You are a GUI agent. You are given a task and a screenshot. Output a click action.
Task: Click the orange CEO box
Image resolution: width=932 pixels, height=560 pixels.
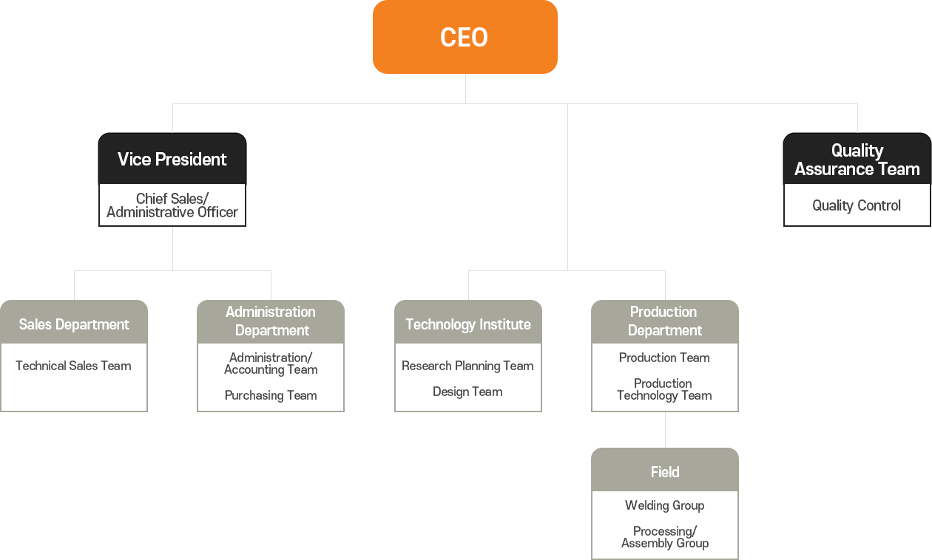[x=465, y=37]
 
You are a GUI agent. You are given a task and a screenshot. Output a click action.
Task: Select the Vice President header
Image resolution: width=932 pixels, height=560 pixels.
[x=172, y=159]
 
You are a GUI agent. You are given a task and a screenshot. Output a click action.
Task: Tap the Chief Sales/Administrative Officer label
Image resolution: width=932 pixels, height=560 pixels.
[x=172, y=205]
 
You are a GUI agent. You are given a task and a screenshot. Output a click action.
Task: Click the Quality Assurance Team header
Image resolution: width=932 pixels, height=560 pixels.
[x=857, y=160]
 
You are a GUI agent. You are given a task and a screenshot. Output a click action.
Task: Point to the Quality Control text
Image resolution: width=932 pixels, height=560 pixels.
[x=857, y=205]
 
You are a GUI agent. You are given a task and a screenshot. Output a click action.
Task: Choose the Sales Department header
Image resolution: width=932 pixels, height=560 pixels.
[x=74, y=324]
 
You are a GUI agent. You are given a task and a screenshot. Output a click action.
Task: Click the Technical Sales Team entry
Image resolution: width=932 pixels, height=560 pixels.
[x=73, y=366]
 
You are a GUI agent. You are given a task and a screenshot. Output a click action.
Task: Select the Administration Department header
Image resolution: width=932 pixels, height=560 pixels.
[x=271, y=321]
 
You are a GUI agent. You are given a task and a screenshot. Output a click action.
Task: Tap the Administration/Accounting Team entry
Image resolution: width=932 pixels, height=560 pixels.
[x=271, y=363]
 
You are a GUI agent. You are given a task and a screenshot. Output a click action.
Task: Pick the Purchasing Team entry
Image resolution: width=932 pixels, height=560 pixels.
[x=271, y=395]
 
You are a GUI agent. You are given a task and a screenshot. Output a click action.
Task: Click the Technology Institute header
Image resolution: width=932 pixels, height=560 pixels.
[x=468, y=324]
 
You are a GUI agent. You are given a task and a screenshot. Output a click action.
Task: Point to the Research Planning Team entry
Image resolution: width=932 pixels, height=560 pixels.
[x=467, y=366]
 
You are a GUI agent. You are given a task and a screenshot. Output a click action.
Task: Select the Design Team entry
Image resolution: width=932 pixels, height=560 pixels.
[x=467, y=392]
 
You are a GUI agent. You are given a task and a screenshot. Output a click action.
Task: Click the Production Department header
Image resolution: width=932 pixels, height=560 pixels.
[x=664, y=321]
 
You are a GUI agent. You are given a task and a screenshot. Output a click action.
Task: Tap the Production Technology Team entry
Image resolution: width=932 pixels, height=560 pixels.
[x=664, y=389]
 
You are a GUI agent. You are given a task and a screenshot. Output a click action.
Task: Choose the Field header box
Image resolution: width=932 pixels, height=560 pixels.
[x=664, y=471]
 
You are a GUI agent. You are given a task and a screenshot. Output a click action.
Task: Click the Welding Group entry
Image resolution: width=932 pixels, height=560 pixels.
[x=664, y=505]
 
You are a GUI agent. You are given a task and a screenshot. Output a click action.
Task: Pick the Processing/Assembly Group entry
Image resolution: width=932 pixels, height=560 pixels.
[x=664, y=537]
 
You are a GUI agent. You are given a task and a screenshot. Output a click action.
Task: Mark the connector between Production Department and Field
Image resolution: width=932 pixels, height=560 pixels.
[x=665, y=429]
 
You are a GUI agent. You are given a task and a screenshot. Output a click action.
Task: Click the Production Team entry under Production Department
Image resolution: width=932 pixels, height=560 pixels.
[x=664, y=358]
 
